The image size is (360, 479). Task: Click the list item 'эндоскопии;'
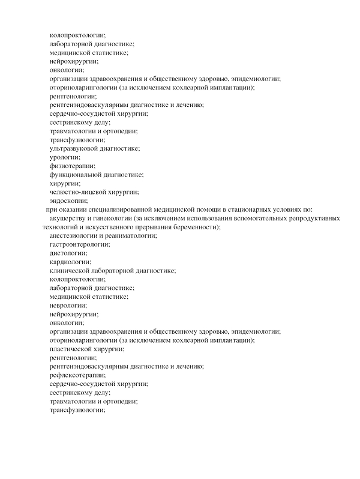(x=68, y=200)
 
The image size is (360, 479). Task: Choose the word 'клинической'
(x=71, y=271)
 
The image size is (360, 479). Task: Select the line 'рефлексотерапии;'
(x=75, y=375)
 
